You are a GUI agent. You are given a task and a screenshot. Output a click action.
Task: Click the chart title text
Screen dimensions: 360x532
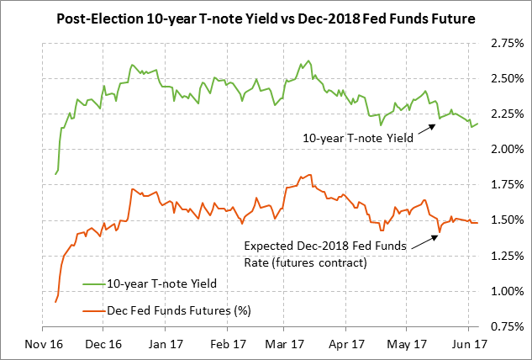click(266, 18)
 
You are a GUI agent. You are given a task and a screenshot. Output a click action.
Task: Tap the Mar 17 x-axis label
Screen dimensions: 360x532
click(286, 343)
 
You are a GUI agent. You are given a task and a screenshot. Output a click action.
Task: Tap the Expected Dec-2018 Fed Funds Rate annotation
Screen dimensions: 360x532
click(324, 253)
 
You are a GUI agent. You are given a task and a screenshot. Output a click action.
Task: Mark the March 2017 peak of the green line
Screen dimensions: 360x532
click(309, 61)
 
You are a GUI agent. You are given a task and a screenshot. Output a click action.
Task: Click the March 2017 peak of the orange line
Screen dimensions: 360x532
click(311, 175)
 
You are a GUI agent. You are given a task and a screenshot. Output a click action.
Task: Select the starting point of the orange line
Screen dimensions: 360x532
click(55, 301)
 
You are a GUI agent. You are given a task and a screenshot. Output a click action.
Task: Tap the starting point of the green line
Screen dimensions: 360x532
click(55, 173)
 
